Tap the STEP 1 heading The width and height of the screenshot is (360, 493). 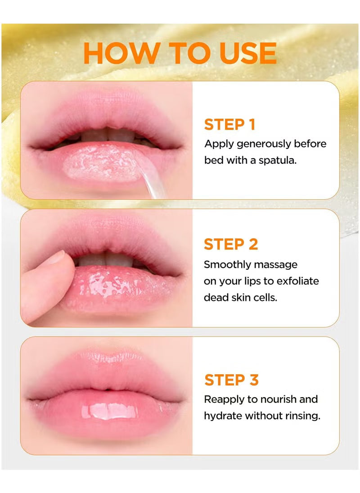pyautogui.click(x=229, y=125)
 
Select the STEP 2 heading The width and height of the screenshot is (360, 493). pyautogui.click(x=231, y=244)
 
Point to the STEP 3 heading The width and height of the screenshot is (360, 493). pyautogui.click(x=231, y=380)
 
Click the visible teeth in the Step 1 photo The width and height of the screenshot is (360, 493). pyautogui.click(x=107, y=136)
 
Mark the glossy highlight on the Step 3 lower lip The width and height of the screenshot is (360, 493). pyautogui.click(x=110, y=411)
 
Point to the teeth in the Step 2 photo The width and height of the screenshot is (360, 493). pyautogui.click(x=105, y=260)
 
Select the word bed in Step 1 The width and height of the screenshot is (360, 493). pyautogui.click(x=214, y=160)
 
